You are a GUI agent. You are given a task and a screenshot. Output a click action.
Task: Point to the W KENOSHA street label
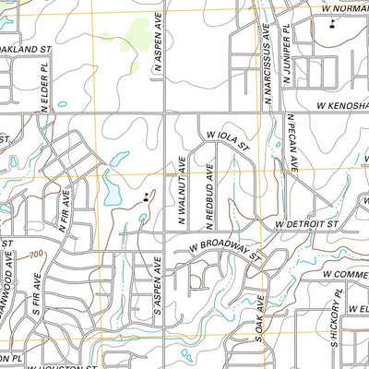(332, 109)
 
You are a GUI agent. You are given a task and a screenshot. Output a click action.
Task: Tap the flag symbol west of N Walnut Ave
(146, 196)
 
